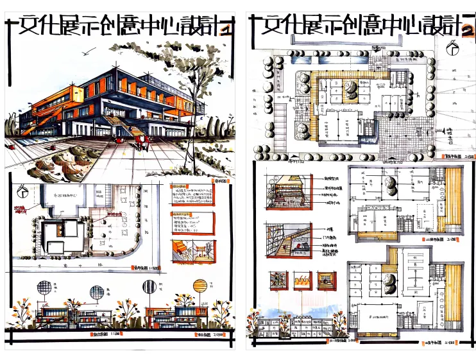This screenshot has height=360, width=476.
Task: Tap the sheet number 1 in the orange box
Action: click(x=225, y=29)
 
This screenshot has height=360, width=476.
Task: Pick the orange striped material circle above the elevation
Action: click(x=200, y=286)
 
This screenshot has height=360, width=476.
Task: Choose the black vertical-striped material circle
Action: click(x=96, y=293)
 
